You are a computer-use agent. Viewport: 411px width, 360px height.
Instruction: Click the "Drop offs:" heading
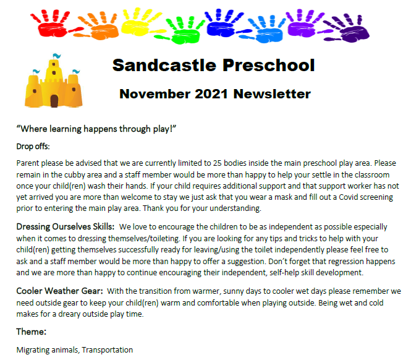[33, 147]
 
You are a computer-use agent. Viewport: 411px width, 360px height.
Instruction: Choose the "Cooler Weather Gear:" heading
[59, 291]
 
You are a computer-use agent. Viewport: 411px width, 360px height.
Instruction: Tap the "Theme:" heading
[32, 332]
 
